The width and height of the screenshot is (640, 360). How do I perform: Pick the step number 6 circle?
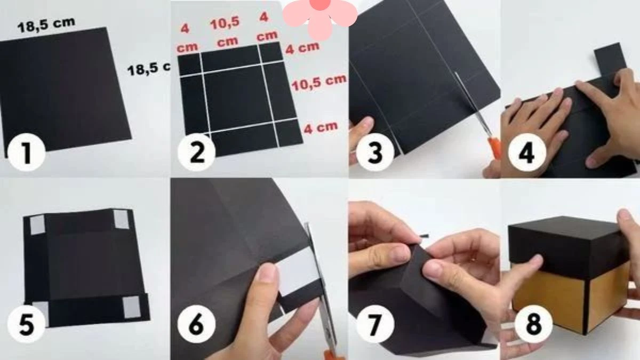click(x=197, y=324)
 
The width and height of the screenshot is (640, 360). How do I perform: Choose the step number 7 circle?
click(x=375, y=324)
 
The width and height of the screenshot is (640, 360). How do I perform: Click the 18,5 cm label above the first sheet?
click(x=46, y=25)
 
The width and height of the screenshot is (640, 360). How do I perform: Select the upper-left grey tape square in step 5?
click(x=37, y=225)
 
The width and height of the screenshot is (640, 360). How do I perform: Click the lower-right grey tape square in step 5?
click(x=131, y=306)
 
